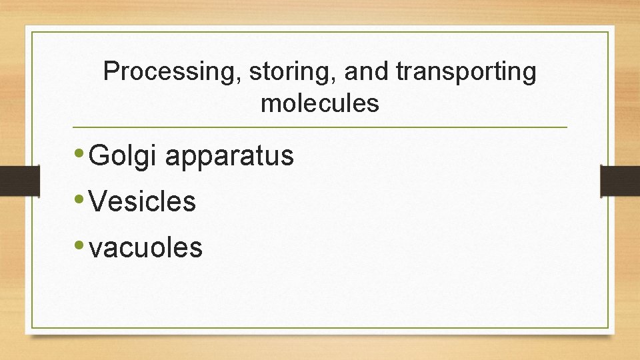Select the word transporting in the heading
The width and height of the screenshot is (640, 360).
pos(465,73)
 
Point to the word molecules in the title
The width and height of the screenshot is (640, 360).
pos(320,103)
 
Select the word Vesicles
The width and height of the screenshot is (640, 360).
pos(142,201)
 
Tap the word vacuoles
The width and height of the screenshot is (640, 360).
pos(145,247)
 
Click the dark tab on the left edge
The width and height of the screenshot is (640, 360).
pos(19,180)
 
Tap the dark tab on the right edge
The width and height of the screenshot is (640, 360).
pos(620,180)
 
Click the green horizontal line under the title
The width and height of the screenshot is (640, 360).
pos(320,127)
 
